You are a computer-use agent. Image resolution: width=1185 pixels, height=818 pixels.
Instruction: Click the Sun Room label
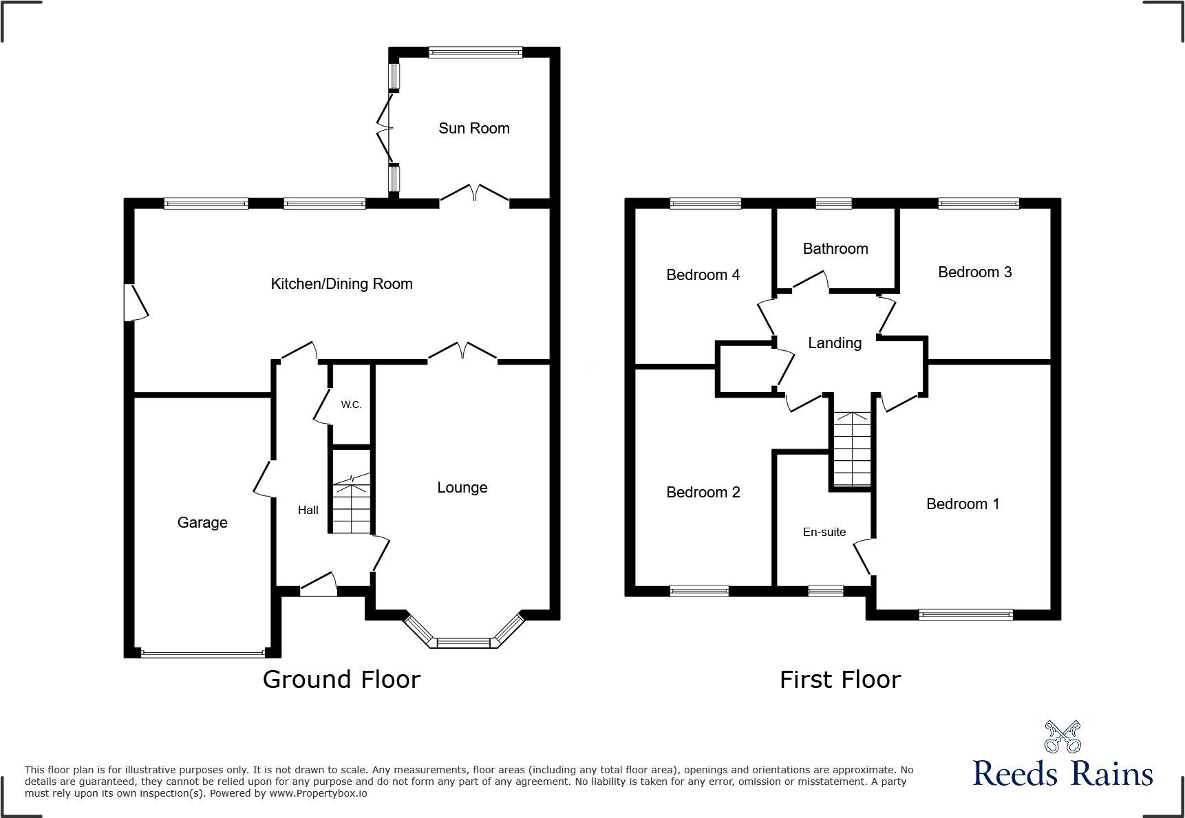(x=473, y=129)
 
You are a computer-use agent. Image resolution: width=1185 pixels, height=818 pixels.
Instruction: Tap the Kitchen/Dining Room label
(x=341, y=284)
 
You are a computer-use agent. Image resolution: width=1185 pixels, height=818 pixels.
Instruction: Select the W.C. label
(x=351, y=405)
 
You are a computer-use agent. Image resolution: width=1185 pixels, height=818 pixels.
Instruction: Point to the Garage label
(x=202, y=523)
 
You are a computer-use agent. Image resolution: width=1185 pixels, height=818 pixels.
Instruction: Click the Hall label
(x=308, y=510)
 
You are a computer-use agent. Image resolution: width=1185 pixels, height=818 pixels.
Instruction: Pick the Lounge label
(x=462, y=488)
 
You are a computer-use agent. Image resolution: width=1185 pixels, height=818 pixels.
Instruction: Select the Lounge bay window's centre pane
(x=464, y=643)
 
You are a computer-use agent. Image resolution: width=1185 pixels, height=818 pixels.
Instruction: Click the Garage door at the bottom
(x=202, y=654)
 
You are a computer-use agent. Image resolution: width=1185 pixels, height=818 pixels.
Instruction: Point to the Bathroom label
(x=835, y=249)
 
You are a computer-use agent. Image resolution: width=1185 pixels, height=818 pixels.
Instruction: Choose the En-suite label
(x=824, y=532)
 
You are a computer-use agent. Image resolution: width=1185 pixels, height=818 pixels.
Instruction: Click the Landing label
(x=834, y=343)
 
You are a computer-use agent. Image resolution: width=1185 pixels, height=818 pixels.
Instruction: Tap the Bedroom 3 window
(x=978, y=204)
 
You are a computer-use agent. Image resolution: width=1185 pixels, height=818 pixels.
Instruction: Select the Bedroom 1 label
(x=962, y=504)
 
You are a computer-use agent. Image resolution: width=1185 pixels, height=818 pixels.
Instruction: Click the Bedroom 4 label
(x=703, y=275)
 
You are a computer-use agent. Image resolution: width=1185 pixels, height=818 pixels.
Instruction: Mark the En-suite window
(x=825, y=591)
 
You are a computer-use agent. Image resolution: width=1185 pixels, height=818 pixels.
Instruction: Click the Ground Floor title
(x=341, y=680)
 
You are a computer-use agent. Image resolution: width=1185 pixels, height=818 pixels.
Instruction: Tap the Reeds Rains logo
(x=1062, y=757)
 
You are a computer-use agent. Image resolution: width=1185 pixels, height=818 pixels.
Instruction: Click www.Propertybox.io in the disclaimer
(x=318, y=794)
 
